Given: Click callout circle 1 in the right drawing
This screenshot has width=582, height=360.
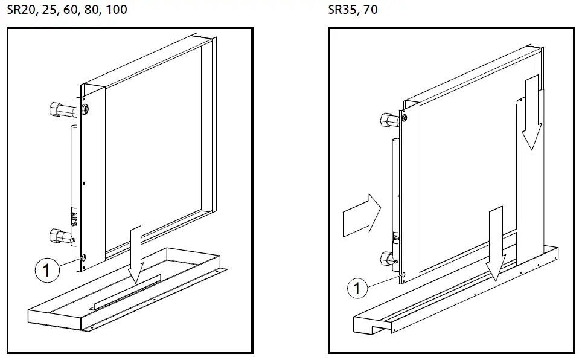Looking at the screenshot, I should click(357, 288).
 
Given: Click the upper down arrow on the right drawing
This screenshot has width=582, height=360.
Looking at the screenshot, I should click(532, 112).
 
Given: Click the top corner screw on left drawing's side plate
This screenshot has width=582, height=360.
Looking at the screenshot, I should click(85, 109).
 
